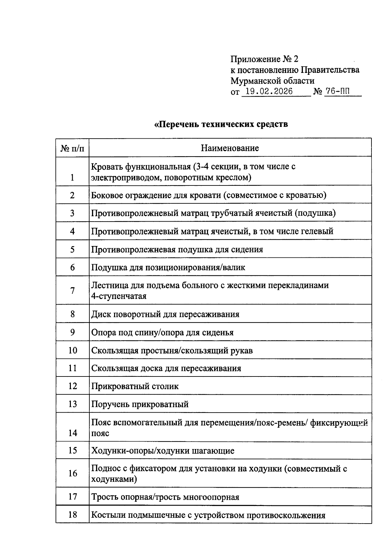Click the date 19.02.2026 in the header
coord(269,91)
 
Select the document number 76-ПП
coord(338,91)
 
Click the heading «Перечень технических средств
coord(221,124)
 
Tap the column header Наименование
coord(230,148)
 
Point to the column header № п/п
coord(72,148)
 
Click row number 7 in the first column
coord(72,290)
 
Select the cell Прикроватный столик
coord(135,386)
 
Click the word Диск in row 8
coord(100,314)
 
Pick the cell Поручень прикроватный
coord(140,404)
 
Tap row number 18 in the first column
coord(72,514)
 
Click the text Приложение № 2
coord(264,59)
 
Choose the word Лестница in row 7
coord(109,285)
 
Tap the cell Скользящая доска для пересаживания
coord(166,368)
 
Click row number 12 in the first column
coord(72,386)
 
